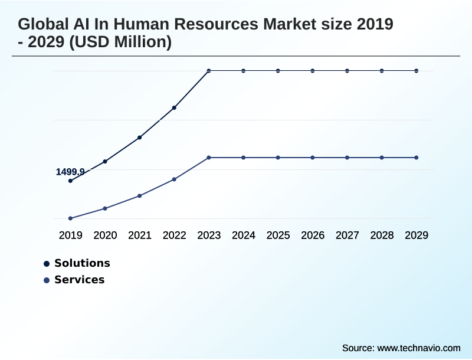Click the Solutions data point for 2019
(70, 181)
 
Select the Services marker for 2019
(70, 218)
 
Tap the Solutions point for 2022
(174, 108)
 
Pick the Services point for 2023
(209, 158)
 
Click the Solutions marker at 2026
(313, 71)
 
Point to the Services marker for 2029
(417, 158)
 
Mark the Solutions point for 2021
(139, 138)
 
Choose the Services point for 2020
(105, 208)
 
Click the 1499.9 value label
(70, 172)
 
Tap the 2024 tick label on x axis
(243, 235)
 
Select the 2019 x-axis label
(70, 235)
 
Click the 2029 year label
(417, 235)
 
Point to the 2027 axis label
(347, 235)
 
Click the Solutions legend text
(82, 263)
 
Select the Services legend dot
(47, 280)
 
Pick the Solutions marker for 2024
(243, 71)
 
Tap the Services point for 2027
(347, 158)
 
